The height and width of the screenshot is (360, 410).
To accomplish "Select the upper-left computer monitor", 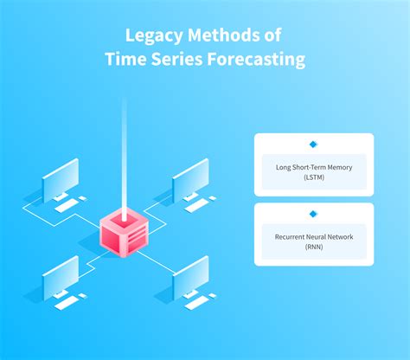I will click(60, 181).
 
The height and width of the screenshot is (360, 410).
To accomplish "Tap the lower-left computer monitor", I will click(60, 276).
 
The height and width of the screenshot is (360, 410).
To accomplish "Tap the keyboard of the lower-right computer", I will click(200, 304).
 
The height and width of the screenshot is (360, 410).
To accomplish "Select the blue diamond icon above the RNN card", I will click(313, 213).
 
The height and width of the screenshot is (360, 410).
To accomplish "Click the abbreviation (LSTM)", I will click(313, 176).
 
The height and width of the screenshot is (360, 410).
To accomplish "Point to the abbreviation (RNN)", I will click(313, 246).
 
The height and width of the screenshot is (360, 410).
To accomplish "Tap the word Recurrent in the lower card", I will click(291, 236).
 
